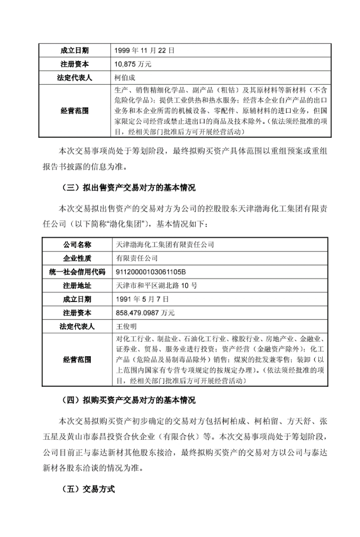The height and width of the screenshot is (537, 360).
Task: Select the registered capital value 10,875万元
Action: click(x=133, y=65)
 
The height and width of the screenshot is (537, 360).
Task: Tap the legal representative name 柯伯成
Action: click(x=125, y=78)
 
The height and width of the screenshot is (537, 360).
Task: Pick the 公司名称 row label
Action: click(x=77, y=245)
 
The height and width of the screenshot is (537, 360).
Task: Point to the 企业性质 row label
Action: click(x=77, y=258)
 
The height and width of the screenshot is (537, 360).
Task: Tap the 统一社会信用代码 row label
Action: click(x=77, y=272)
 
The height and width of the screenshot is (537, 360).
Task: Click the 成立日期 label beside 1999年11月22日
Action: click(x=76, y=51)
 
